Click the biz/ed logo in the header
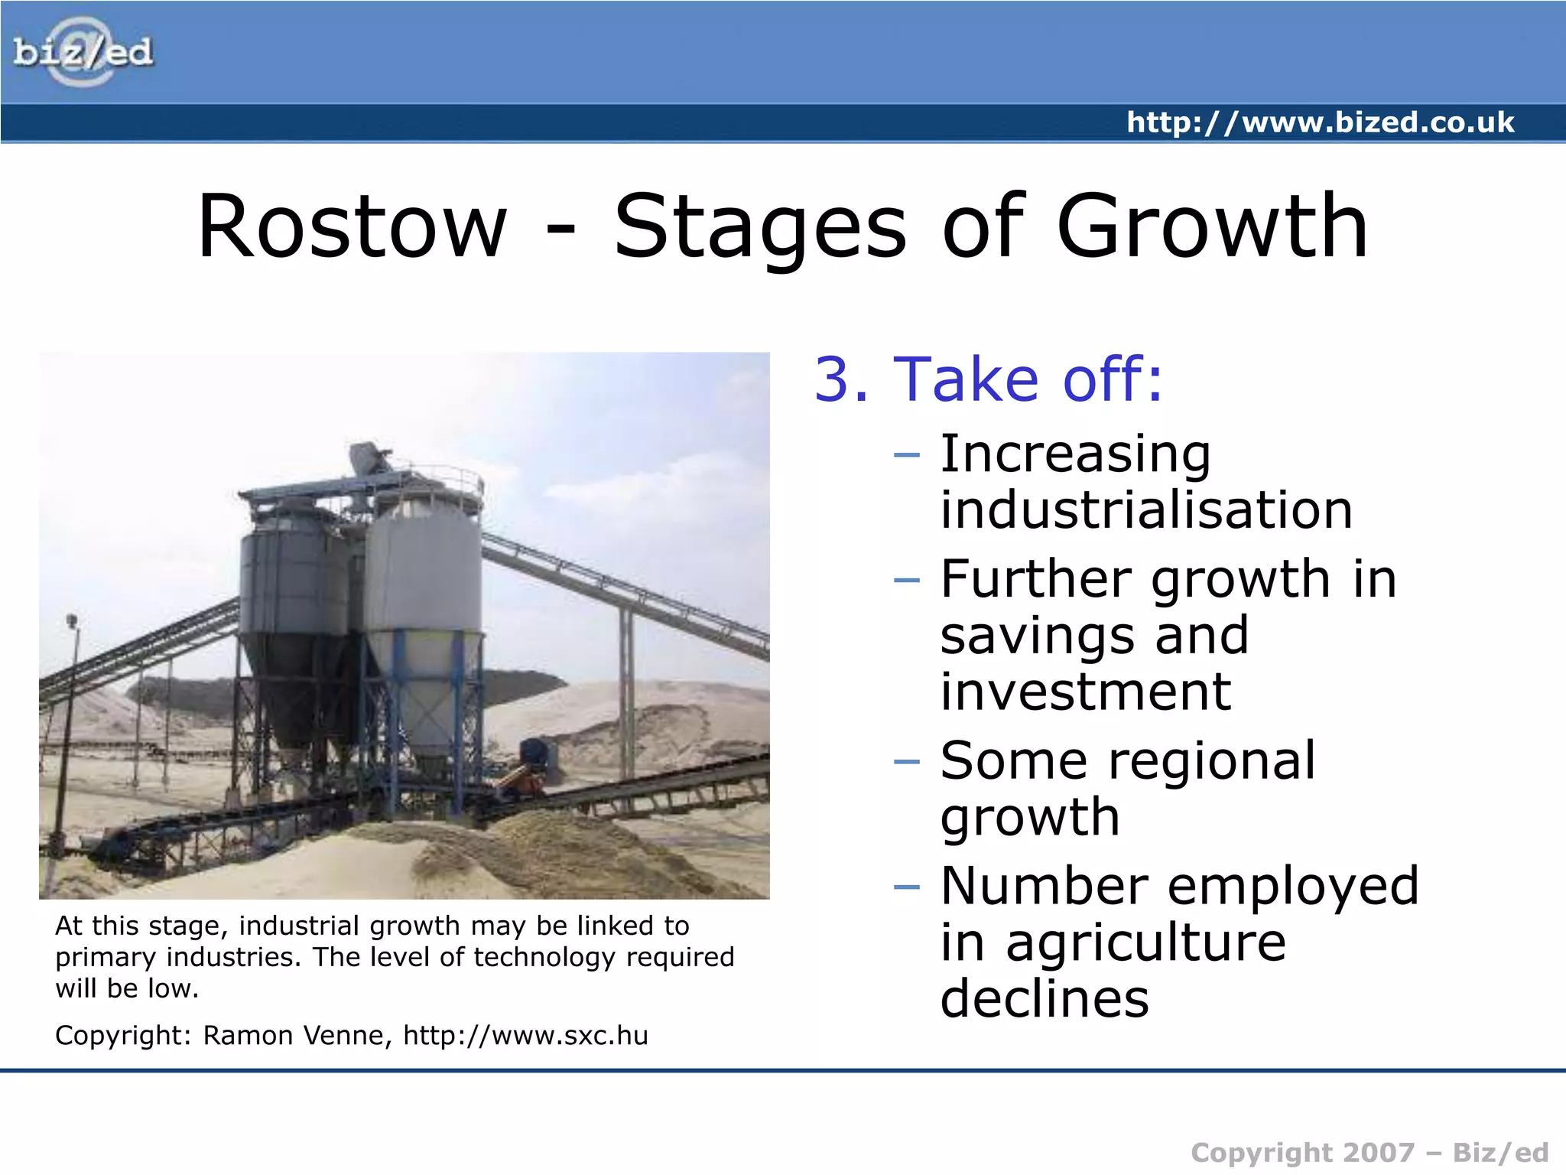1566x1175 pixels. [x=83, y=52]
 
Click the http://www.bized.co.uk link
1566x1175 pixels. [x=1320, y=122]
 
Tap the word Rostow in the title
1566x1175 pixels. [x=352, y=226]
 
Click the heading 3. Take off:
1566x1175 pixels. [x=988, y=379]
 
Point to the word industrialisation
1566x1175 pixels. [x=1145, y=510]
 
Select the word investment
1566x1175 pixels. [x=1085, y=692]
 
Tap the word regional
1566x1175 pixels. [x=1211, y=761]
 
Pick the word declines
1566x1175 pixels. [x=1044, y=999]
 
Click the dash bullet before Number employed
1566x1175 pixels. [x=906, y=887]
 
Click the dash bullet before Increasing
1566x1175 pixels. [x=906, y=455]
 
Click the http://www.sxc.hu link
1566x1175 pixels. [x=525, y=1036]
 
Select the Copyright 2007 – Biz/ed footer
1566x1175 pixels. [x=1369, y=1153]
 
